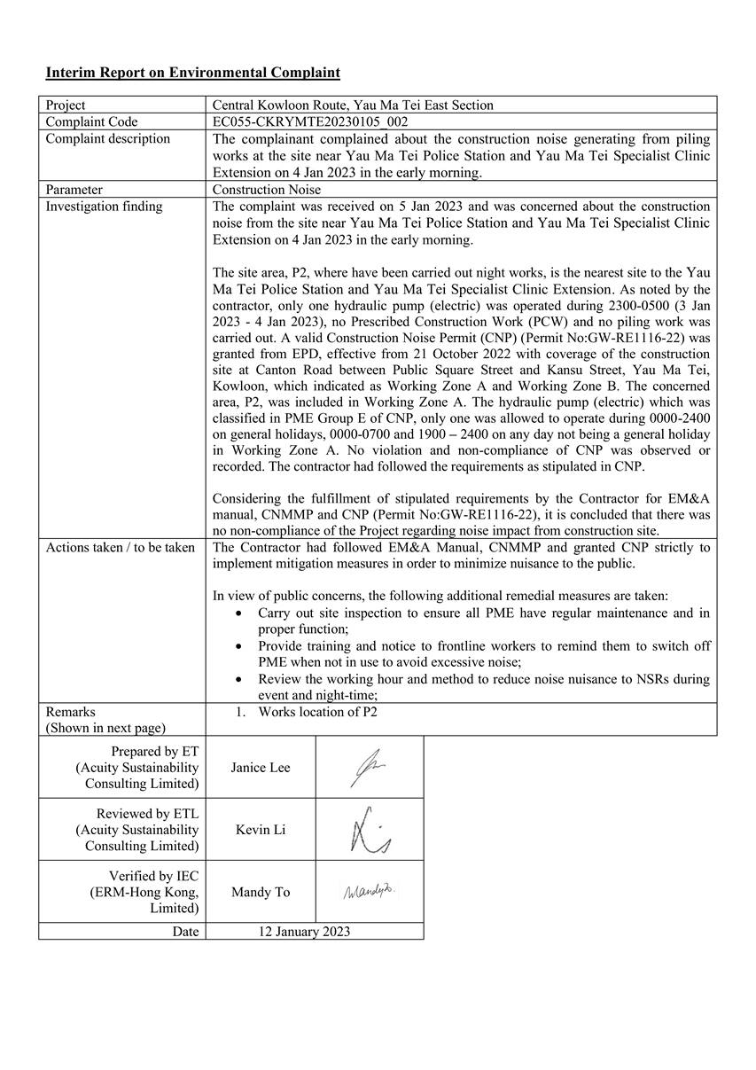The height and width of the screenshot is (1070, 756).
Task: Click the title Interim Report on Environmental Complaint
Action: [192, 73]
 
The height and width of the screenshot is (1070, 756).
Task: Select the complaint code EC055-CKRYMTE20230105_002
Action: [310, 122]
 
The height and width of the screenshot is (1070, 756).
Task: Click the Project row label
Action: [66, 105]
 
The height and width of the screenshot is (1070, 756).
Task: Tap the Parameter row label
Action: [74, 190]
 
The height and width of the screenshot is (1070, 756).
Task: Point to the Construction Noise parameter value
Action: [267, 190]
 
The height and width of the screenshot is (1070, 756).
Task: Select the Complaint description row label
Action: [108, 139]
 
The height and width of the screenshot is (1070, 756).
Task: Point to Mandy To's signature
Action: [370, 891]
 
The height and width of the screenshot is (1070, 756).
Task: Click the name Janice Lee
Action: [261, 768]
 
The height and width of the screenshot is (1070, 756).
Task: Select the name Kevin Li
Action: [261, 830]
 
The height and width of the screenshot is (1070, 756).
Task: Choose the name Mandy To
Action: [261, 892]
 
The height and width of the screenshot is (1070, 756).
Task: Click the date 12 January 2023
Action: [304, 932]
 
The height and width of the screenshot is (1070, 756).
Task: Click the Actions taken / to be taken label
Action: [121, 548]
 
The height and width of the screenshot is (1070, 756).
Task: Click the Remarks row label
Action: [71, 712]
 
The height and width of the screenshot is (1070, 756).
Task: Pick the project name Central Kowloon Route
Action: [353, 105]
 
